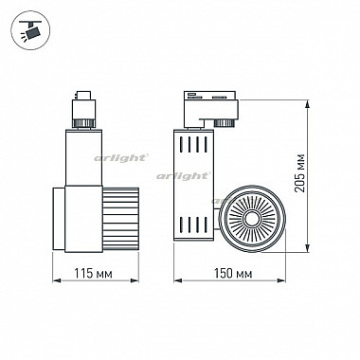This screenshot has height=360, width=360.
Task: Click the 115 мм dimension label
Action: click(x=93, y=274)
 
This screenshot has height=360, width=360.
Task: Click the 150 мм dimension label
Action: click(x=233, y=274)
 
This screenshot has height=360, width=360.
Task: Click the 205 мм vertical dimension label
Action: click(x=299, y=173)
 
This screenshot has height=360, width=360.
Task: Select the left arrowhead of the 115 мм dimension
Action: click(x=57, y=280)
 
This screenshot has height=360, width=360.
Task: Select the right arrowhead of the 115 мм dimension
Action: click(x=135, y=280)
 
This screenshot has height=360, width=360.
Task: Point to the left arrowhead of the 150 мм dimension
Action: click(x=178, y=280)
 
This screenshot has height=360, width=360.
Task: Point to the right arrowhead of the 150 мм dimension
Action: click(x=281, y=280)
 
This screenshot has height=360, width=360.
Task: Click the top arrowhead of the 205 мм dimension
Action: click(x=307, y=105)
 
